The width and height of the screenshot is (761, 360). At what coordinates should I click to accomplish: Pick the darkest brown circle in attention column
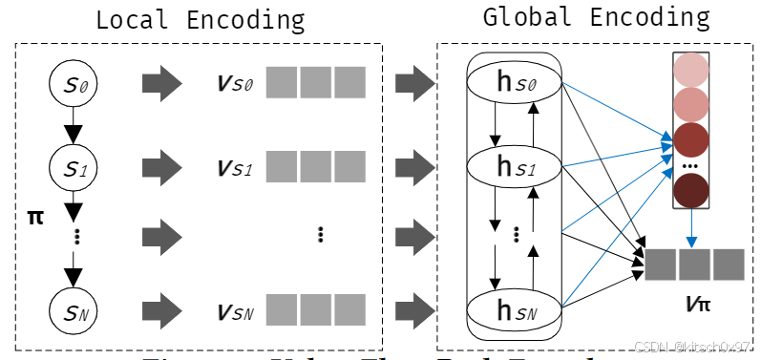pyautogui.click(x=689, y=191)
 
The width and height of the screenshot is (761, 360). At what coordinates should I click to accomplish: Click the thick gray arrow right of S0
pyautogui.click(x=161, y=84)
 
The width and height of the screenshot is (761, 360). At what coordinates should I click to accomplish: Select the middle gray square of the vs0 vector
pyautogui.click(x=316, y=84)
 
